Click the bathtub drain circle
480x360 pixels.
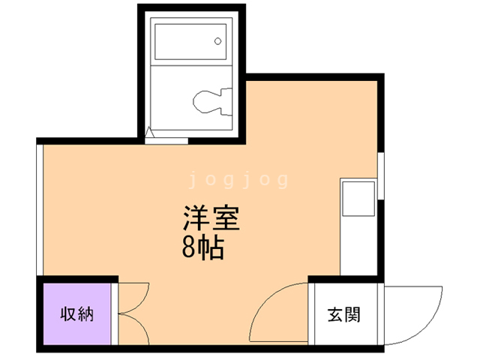tap(218, 40)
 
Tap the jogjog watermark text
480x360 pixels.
tap(238, 180)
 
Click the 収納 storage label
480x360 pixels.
tap(77, 313)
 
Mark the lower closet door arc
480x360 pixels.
tap(133, 330)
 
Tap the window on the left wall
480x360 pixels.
tap(40, 210)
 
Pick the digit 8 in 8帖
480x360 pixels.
tap(187, 248)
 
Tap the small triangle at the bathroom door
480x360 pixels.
tap(149, 134)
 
